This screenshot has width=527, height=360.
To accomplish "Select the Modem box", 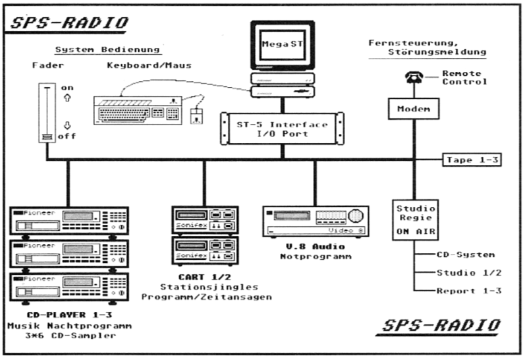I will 414,109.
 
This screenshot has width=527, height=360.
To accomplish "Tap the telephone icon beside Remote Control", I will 414,78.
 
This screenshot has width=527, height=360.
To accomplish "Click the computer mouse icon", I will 196,117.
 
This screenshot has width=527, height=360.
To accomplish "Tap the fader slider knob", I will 47,136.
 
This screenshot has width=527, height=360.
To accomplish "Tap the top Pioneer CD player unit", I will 69,220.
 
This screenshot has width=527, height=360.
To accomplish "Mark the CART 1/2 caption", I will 204,277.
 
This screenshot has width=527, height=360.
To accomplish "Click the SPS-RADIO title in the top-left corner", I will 69,23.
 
